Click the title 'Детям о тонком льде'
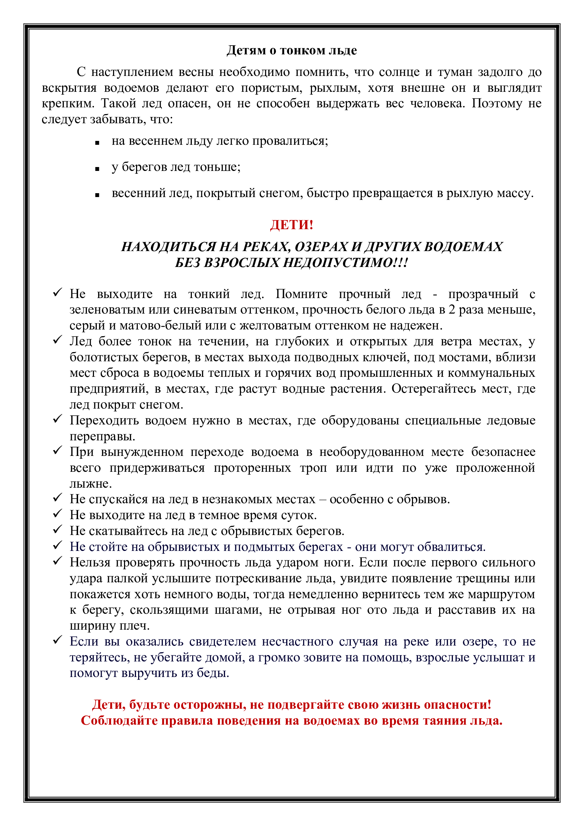291,50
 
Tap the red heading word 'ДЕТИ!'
291,225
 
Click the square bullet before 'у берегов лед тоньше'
97,169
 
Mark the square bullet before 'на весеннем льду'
97,143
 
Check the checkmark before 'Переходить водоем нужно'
58,419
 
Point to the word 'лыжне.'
91,483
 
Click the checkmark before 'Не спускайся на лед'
58,498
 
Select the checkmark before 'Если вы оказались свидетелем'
58,640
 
